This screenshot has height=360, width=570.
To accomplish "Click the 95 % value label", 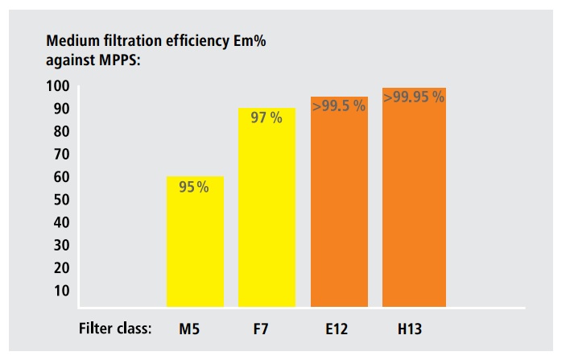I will tap(193, 188).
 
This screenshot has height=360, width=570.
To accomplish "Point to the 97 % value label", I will tap(266, 118).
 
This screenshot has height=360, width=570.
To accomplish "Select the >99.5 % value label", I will tap(339, 106).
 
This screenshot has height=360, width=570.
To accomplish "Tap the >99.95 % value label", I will tap(413, 97).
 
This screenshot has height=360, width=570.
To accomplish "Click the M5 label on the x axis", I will tap(191, 329).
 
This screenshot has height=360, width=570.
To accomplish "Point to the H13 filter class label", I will tap(410, 329).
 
